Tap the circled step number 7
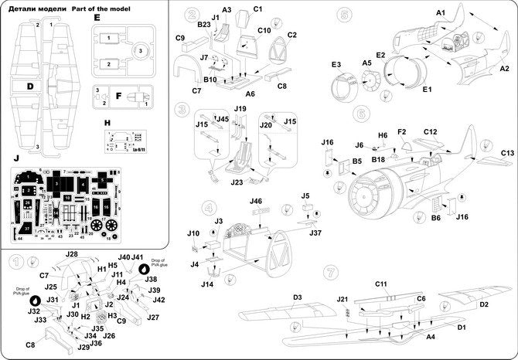[332, 272]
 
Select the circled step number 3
[182, 110]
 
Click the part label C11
[381, 285]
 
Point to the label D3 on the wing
[297, 297]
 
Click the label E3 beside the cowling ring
[336, 65]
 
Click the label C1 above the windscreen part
[259, 9]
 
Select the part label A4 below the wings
[431, 337]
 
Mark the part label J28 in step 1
[72, 254]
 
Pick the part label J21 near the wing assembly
[343, 299]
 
